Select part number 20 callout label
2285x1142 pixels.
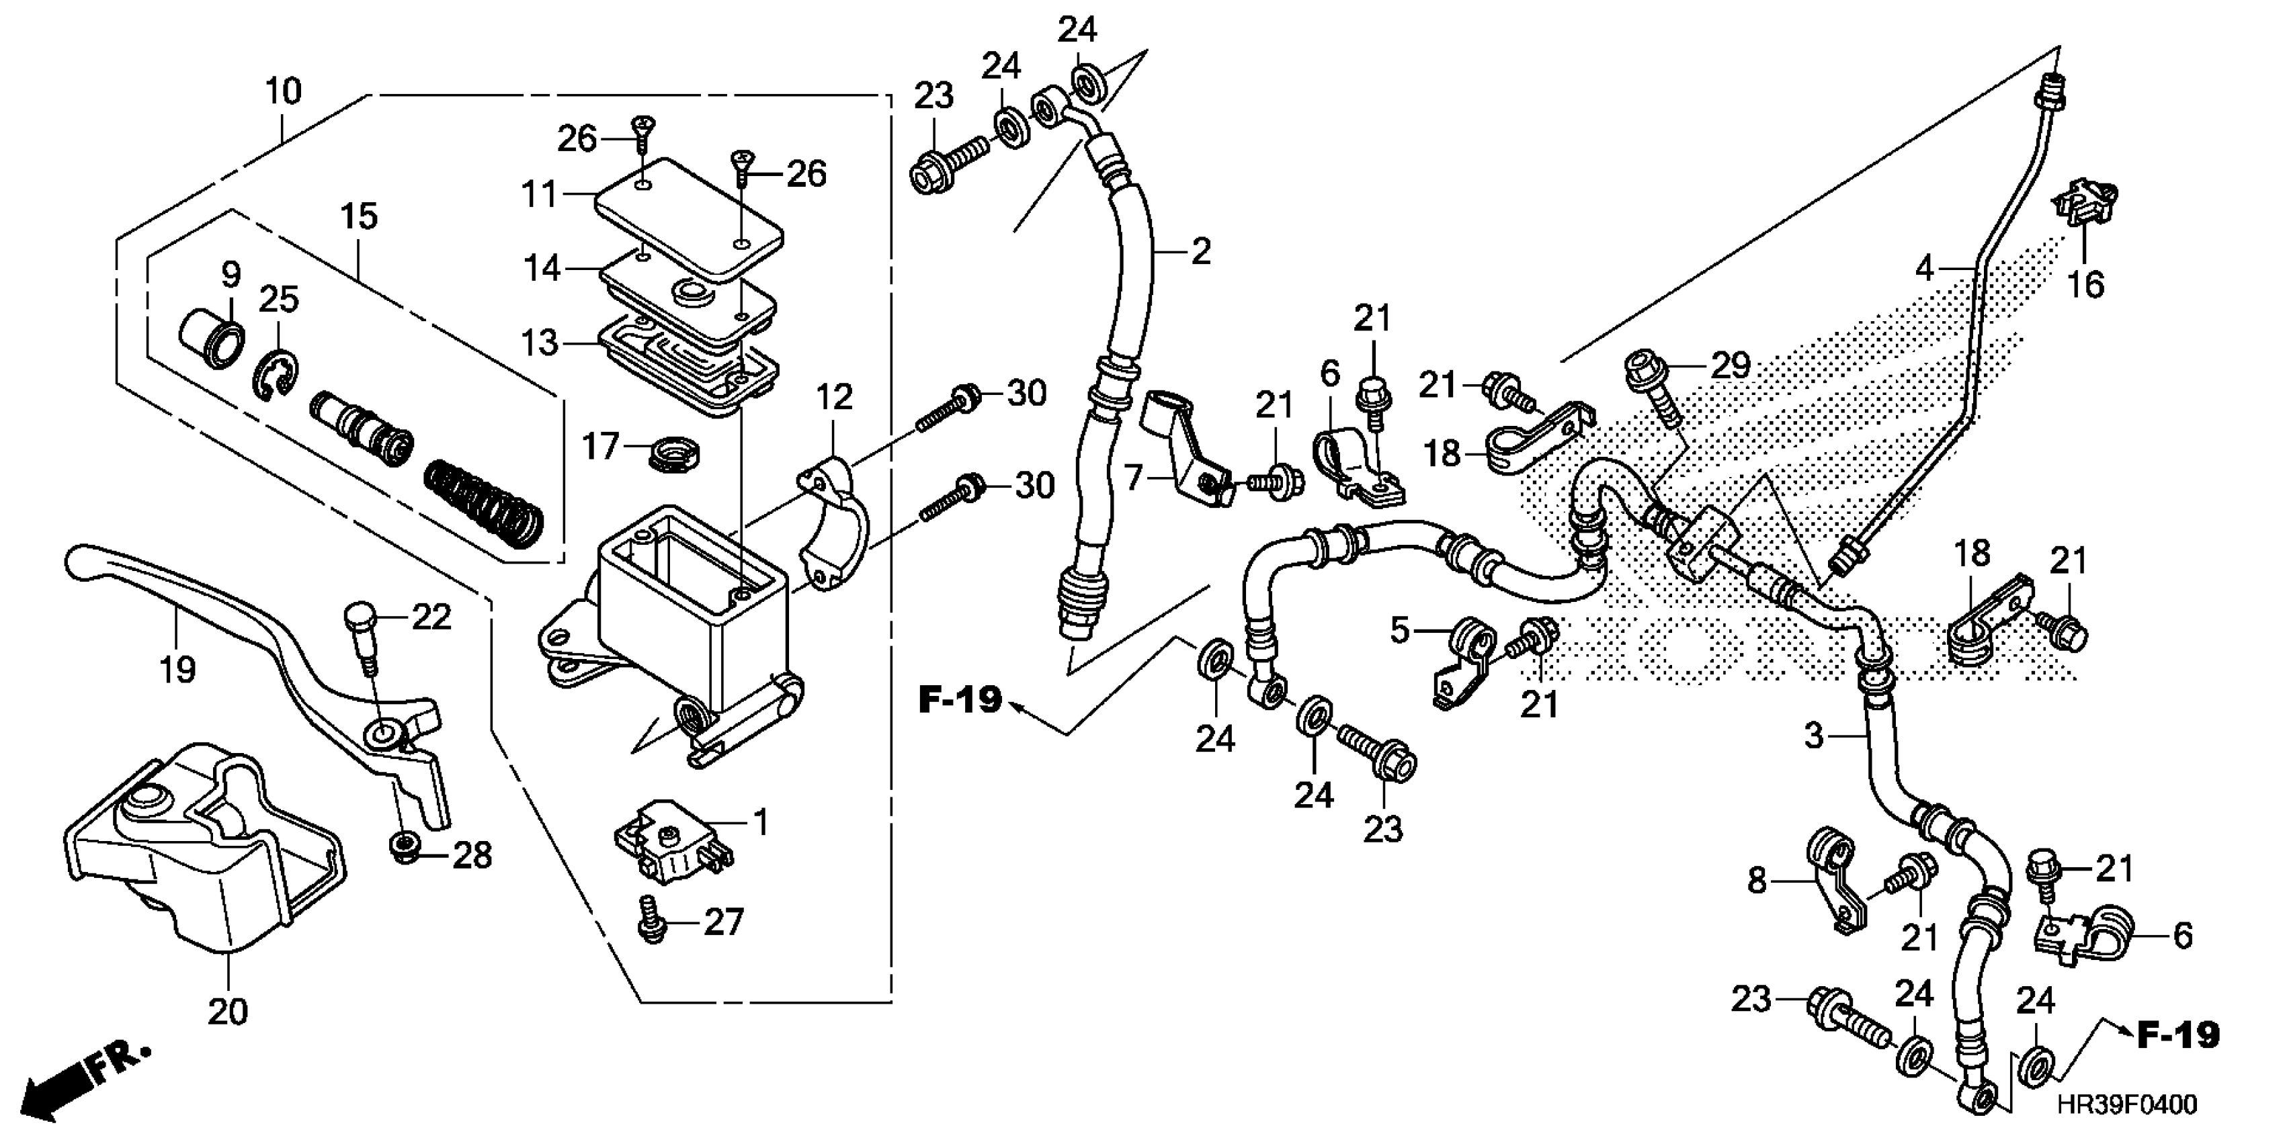227,1011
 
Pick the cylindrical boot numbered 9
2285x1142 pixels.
213,342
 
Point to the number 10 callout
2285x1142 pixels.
284,91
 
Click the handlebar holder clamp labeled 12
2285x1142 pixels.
834,523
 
